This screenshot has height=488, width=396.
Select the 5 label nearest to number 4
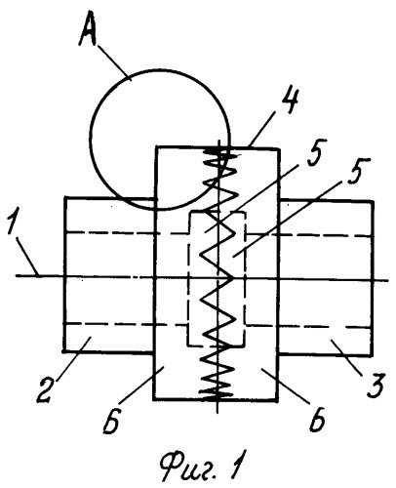(314, 152)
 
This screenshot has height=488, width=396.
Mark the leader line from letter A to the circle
(114, 61)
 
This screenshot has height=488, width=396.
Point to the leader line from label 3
(348, 356)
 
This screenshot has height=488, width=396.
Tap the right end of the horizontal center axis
(388, 280)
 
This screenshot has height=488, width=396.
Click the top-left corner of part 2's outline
(65, 197)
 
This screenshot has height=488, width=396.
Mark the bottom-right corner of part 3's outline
(374, 355)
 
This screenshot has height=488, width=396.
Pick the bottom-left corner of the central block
(153, 398)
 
